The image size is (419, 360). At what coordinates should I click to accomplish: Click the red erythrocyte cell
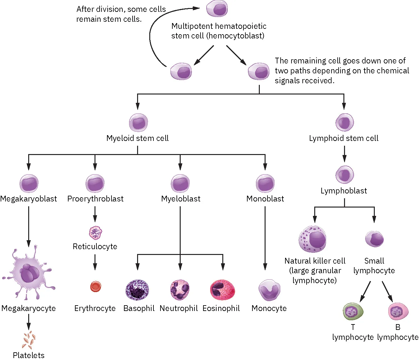coord(95,286)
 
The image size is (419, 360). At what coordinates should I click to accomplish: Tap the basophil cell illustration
coord(137,290)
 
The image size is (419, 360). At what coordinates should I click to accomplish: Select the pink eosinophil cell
coord(222,290)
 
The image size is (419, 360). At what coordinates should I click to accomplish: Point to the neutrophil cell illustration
coord(180,290)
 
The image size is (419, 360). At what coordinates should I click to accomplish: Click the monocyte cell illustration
coord(269,290)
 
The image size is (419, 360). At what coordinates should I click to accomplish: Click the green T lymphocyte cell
coord(353,312)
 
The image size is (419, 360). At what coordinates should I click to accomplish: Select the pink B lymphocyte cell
coord(398,311)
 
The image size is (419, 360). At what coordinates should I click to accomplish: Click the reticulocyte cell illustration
coord(95,233)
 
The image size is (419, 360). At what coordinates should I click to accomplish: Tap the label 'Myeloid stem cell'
coord(137,138)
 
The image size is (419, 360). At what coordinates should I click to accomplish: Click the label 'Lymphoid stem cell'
coord(343,138)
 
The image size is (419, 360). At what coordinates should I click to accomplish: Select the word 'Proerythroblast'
coord(95,199)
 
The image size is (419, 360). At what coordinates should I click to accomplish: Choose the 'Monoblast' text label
coord(265,199)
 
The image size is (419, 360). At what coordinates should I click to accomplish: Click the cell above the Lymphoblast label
coord(344,175)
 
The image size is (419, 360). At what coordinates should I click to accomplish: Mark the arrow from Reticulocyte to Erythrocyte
coord(95,262)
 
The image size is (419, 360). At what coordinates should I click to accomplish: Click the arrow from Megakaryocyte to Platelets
coord(29,322)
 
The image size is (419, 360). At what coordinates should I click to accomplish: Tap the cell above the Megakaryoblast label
coord(29,184)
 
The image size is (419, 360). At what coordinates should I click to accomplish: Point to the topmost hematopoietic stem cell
coord(217,9)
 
